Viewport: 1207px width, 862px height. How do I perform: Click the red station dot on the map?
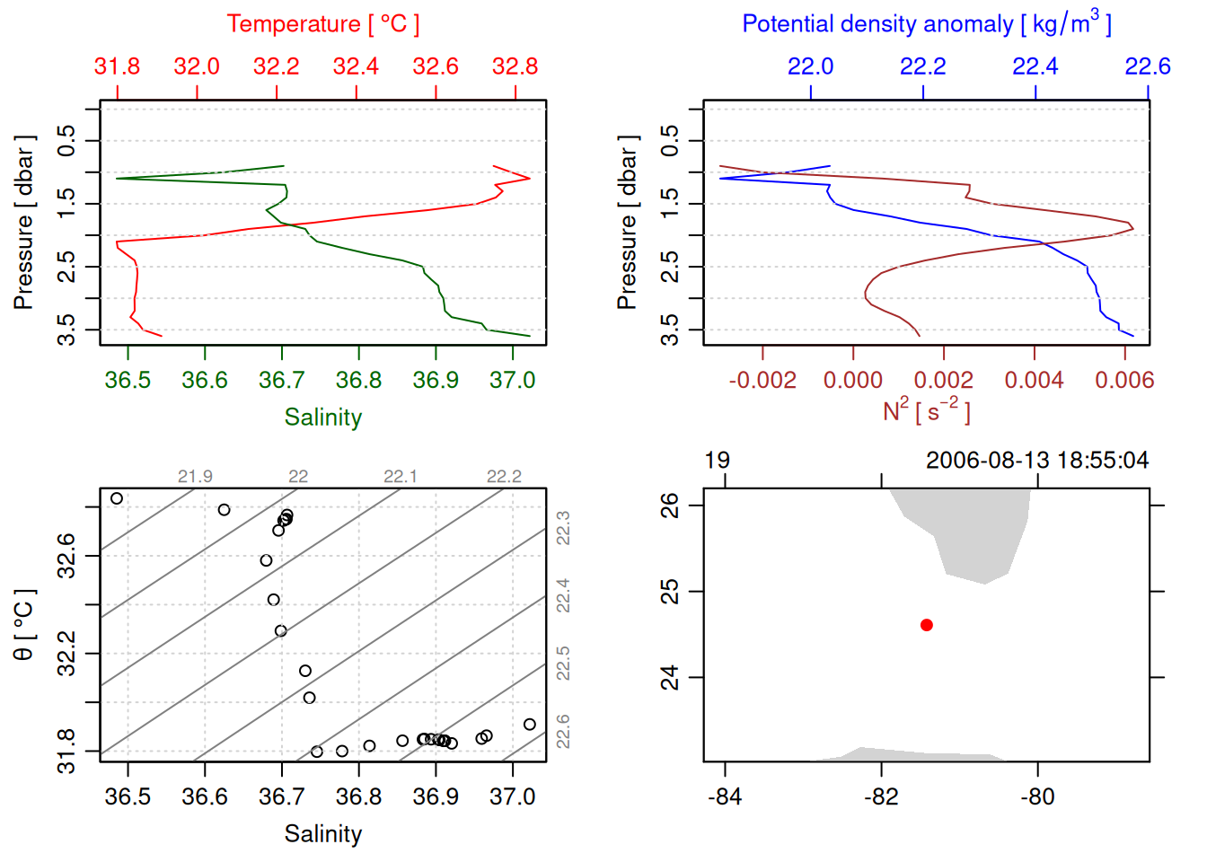click(x=927, y=625)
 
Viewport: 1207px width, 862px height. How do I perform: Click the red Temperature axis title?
click(x=322, y=24)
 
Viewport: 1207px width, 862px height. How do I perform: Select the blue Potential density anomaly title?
click(x=926, y=24)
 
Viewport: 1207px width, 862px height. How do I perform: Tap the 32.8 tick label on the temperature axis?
click(x=515, y=66)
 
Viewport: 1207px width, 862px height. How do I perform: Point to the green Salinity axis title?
click(x=322, y=418)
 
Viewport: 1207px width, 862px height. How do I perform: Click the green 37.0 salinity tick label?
click(x=512, y=381)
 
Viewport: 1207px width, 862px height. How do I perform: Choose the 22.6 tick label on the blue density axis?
click(x=1147, y=66)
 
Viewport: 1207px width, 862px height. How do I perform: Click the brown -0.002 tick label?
click(x=762, y=381)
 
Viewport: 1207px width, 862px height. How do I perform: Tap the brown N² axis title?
click(x=926, y=411)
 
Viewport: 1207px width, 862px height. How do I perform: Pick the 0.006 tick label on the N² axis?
click(x=1123, y=381)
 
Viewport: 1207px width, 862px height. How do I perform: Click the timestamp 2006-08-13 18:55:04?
click(x=1036, y=461)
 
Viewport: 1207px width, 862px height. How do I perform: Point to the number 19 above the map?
click(x=717, y=461)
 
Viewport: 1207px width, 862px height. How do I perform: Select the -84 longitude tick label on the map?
click(x=724, y=797)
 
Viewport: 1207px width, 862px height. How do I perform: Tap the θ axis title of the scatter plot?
click(x=24, y=625)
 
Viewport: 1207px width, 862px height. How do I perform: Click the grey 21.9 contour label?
click(x=195, y=477)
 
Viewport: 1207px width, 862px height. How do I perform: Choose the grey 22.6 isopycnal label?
click(x=563, y=731)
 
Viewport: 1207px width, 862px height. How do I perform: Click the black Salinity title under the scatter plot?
click(x=322, y=834)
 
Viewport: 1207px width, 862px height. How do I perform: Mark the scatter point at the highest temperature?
click(x=117, y=498)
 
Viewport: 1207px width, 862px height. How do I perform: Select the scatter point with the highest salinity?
click(x=530, y=725)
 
